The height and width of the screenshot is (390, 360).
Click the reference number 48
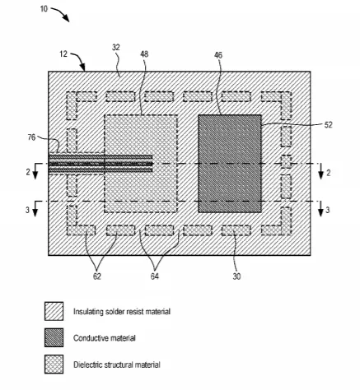[144, 54]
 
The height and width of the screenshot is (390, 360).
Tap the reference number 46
[218, 55]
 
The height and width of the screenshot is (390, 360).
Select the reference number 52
[328, 125]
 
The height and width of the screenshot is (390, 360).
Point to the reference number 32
[116, 48]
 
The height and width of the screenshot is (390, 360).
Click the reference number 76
[32, 137]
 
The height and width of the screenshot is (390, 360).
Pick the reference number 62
[97, 276]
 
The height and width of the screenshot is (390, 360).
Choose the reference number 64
[155, 276]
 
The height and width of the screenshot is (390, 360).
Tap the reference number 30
[236, 276]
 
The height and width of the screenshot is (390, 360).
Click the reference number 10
[44, 9]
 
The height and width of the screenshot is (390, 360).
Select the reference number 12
[63, 54]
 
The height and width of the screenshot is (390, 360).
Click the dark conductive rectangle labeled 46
[230, 164]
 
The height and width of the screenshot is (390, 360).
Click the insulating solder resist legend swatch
[54, 311]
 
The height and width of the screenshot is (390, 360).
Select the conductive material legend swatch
[54, 337]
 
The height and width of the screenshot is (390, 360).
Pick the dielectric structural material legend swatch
[54, 364]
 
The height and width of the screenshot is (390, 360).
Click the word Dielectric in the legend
[86, 364]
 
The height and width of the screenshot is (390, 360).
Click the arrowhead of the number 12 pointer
[83, 68]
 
